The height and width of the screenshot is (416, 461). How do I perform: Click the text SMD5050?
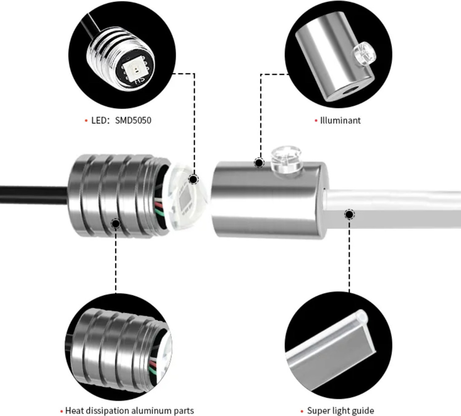133,121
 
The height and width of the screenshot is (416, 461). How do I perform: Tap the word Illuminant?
340,121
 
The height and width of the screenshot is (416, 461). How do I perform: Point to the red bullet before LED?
86,121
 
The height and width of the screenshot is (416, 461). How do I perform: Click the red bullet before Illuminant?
316,121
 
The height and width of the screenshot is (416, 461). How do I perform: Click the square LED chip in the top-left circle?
133,71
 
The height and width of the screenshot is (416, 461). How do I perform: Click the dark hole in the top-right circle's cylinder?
350,92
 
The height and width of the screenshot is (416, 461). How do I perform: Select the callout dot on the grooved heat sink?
116,223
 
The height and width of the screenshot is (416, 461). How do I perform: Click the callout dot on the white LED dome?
193,179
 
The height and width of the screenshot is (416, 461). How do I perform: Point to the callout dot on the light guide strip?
349,215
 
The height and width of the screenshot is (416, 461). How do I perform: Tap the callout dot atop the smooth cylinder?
259,163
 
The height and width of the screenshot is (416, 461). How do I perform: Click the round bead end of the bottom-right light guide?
362,317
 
